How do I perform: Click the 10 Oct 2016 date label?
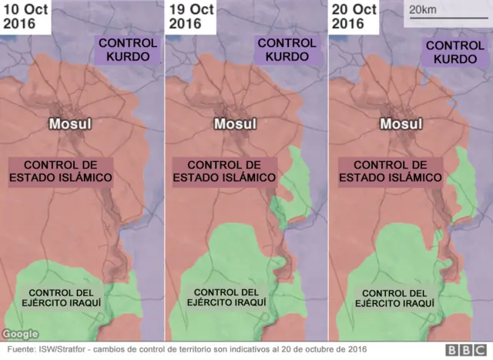tap(25, 17)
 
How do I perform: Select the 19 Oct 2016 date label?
tap(190, 17)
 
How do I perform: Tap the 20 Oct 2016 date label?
tap(355, 17)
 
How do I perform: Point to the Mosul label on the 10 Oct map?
tap(71, 124)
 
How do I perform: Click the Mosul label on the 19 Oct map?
tap(235, 124)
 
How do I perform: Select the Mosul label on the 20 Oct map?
tap(401, 124)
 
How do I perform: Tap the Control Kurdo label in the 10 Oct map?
tap(128, 50)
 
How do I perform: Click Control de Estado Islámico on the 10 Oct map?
tap(61, 171)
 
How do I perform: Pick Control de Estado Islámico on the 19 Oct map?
tap(225, 171)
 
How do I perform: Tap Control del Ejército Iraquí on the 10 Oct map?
tap(61, 299)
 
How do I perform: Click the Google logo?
tap(21, 334)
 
